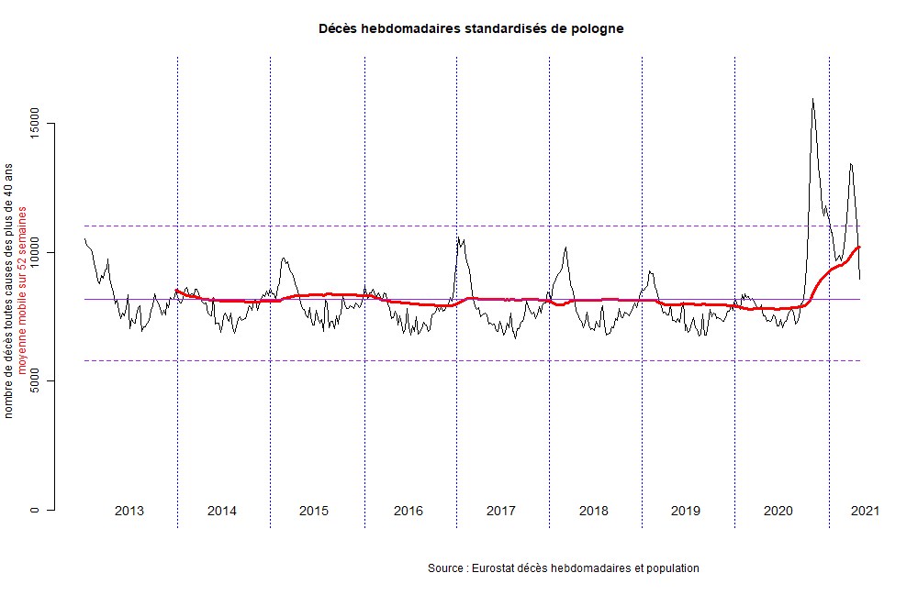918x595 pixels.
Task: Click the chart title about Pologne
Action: click(470, 28)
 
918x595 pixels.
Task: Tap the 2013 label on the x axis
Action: click(129, 511)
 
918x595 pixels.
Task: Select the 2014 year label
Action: click(222, 511)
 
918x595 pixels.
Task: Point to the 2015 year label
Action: click(314, 511)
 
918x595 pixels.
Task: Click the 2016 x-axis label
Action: click(409, 511)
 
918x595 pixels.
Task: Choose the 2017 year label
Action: click(501, 511)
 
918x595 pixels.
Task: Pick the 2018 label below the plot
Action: click(594, 511)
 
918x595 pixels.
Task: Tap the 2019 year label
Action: click(686, 511)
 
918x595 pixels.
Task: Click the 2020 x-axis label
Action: click(778, 511)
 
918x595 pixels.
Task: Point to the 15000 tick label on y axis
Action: click(36, 123)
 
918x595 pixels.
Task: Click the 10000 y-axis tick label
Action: click(36, 252)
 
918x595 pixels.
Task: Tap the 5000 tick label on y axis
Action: click(36, 380)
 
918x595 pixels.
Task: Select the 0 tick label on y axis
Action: click(36, 510)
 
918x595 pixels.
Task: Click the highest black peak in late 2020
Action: click(812, 99)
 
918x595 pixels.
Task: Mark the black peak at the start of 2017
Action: click(458, 238)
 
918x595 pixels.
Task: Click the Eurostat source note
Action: click(564, 568)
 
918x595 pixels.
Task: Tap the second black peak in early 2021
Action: click(851, 164)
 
